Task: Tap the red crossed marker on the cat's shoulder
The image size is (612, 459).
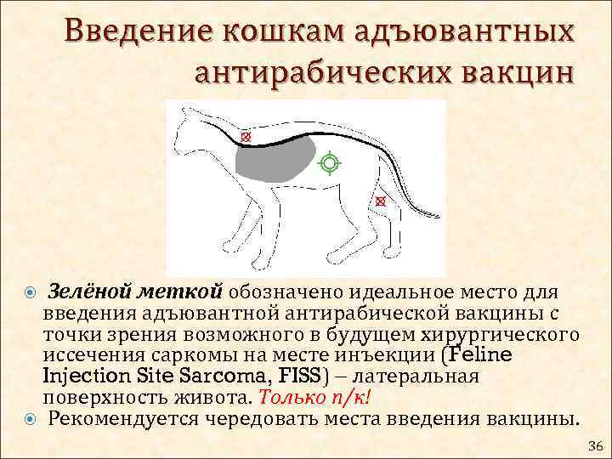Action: (246, 136)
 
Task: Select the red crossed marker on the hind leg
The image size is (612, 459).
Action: (380, 201)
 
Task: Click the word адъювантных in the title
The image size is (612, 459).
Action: (456, 33)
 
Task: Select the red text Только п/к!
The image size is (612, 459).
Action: (316, 398)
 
